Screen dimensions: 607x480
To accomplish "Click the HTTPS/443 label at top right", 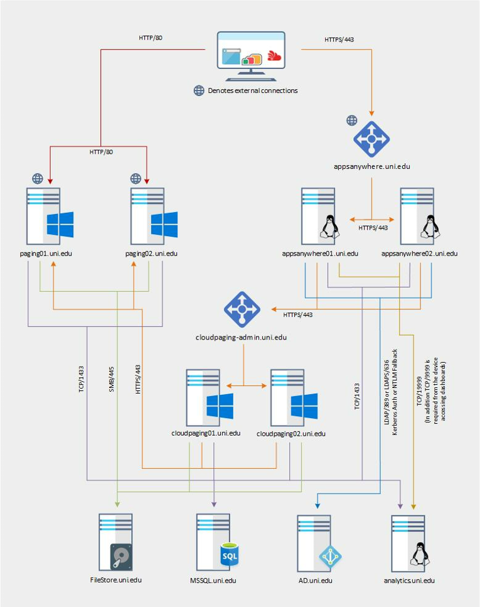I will (x=339, y=39).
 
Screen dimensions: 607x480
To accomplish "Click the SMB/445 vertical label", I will (x=111, y=380).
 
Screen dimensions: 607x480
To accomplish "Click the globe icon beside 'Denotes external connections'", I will (x=199, y=90).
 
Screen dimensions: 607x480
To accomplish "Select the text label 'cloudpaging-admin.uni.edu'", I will (x=242, y=338).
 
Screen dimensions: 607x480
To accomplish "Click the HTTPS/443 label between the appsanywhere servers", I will (x=372, y=228).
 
